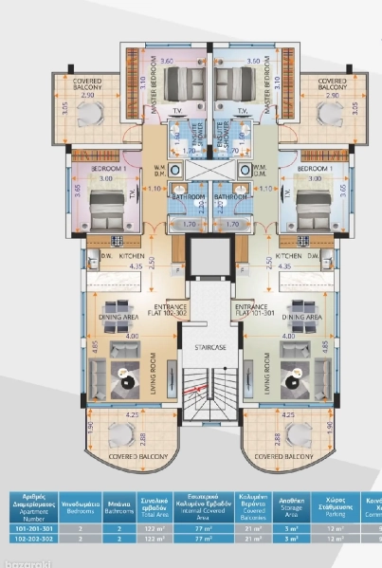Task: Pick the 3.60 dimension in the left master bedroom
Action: tap(168, 60)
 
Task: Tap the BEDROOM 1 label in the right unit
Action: tap(309, 166)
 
